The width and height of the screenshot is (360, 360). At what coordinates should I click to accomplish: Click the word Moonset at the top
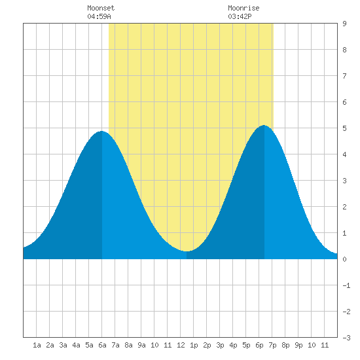tap(101, 8)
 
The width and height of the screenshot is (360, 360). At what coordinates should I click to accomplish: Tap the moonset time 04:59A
tap(99, 16)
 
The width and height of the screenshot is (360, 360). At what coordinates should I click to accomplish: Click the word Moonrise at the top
tap(243, 8)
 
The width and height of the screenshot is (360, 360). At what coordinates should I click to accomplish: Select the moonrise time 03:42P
tap(240, 16)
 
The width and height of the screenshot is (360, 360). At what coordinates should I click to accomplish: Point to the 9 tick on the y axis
tap(344, 24)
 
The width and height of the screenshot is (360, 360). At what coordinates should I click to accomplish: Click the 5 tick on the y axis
tap(344, 128)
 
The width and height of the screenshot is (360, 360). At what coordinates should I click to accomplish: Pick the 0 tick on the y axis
tap(344, 259)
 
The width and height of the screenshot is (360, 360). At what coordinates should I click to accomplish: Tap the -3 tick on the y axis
tap(346, 338)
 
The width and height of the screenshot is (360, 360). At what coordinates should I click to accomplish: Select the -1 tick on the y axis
tap(346, 285)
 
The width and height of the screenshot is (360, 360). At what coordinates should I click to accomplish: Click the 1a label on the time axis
tap(37, 345)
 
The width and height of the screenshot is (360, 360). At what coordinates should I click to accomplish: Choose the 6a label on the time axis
tap(102, 345)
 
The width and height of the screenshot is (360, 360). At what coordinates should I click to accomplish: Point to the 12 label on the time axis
tap(181, 345)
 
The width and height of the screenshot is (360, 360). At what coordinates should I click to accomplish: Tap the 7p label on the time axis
tap(272, 345)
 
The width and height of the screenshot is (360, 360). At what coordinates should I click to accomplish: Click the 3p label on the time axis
tap(220, 345)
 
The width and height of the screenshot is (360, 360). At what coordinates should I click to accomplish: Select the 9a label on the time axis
tap(141, 345)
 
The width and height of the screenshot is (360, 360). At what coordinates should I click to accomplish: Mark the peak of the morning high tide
tap(101, 131)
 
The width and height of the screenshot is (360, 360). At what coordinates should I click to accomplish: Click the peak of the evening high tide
tap(264, 126)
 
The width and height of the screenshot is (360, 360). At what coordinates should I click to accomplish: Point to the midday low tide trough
tap(187, 251)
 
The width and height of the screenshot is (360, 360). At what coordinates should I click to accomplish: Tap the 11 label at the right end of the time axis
tap(325, 345)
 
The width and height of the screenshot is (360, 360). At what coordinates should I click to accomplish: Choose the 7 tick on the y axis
tap(344, 76)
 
